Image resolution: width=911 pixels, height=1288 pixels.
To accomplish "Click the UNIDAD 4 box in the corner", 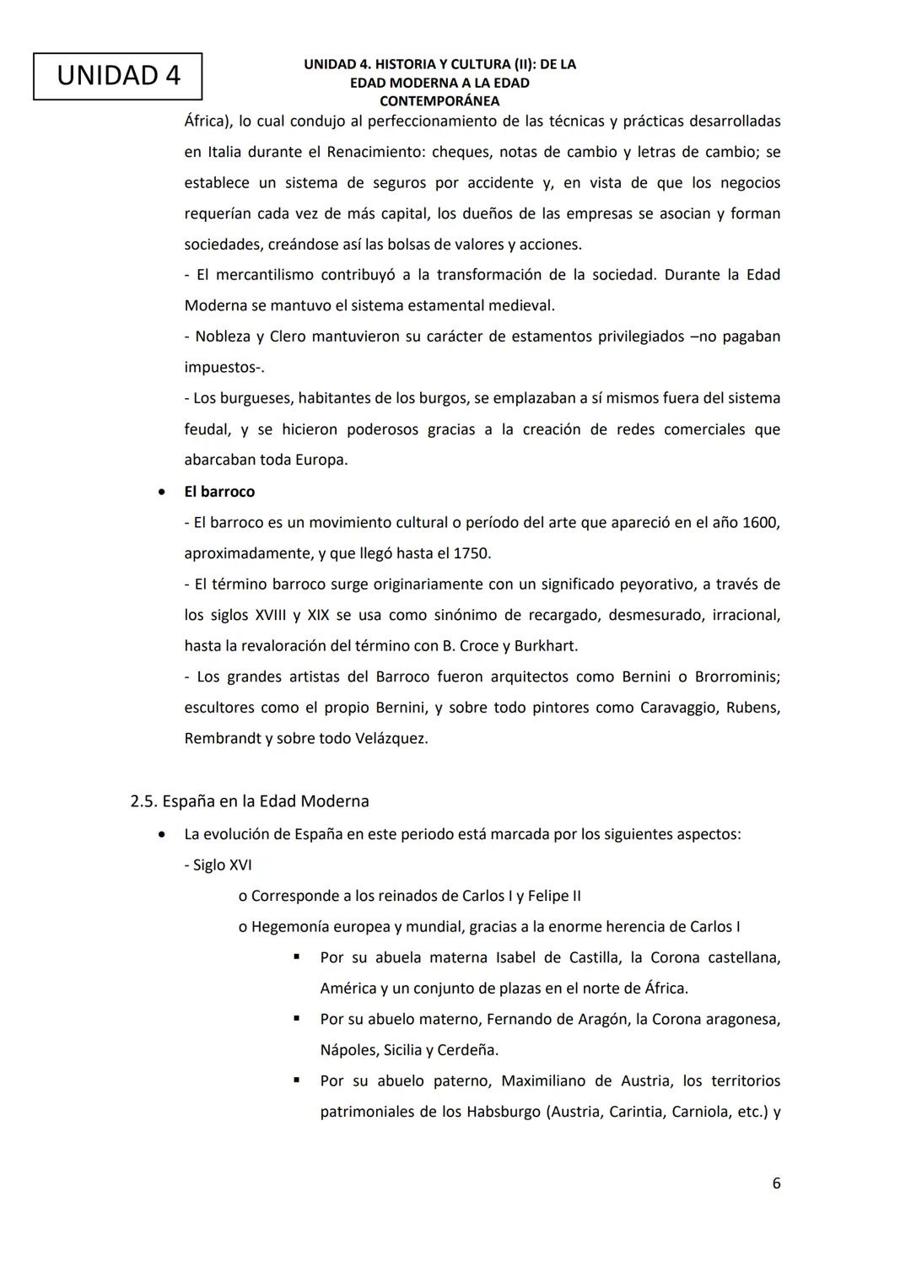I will (118, 76).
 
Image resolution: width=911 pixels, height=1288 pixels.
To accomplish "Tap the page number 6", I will (776, 1183).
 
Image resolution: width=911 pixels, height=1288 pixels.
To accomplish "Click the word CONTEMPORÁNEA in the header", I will (439, 101).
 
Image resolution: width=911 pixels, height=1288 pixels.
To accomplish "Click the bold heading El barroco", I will (219, 492).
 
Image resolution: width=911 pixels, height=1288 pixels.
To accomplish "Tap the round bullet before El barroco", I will (160, 492).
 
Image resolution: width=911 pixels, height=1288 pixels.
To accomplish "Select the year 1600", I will (761, 523).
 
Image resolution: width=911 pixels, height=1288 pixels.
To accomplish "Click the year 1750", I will (472, 554).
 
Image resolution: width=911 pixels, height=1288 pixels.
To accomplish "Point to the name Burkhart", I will (546, 646).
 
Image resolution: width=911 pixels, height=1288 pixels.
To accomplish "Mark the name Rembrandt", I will (223, 739).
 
